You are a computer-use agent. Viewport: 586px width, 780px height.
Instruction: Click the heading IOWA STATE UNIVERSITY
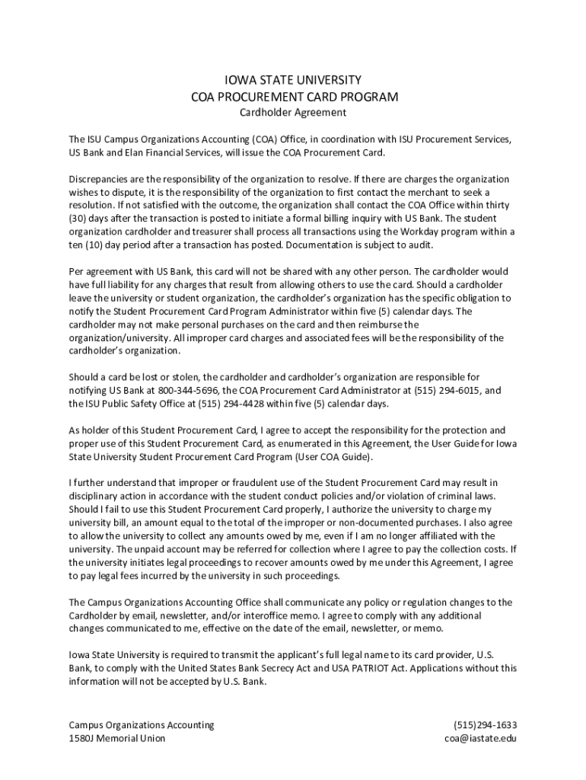[x=293, y=80]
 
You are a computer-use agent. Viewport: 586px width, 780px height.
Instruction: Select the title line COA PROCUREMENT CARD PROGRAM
[x=293, y=97]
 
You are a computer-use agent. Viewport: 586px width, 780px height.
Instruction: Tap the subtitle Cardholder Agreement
[x=293, y=113]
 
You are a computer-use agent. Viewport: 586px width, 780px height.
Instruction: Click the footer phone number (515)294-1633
[x=485, y=724]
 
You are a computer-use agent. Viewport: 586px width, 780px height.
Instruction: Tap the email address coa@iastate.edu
[x=481, y=738]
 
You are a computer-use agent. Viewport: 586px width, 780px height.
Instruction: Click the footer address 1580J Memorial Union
[x=116, y=738]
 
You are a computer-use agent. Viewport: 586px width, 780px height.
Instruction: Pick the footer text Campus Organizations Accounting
[x=142, y=724]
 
